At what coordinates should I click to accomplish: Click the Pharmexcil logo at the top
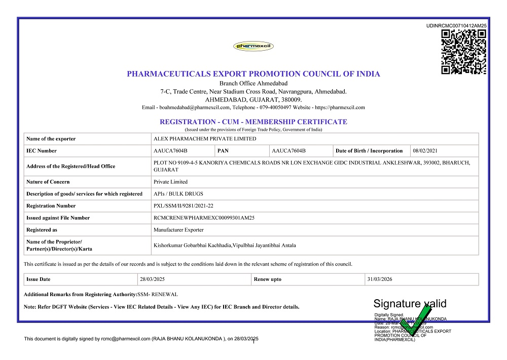(253, 47)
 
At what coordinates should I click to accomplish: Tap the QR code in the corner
(464, 52)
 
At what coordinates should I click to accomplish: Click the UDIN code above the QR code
(456, 25)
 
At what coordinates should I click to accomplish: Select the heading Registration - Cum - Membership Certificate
(253, 122)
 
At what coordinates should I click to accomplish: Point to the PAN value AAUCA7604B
(289, 151)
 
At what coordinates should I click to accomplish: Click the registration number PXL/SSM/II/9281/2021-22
(185, 206)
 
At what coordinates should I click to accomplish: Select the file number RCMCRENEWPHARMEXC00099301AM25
(204, 218)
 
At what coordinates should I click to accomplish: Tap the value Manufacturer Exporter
(178, 230)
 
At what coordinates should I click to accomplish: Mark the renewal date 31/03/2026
(380, 279)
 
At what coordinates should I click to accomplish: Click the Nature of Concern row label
(48, 182)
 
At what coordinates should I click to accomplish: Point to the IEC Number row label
(42, 151)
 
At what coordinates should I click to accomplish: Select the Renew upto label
(268, 279)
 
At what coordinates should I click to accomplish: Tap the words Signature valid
(410, 304)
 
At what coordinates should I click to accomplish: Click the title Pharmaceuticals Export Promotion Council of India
(253, 74)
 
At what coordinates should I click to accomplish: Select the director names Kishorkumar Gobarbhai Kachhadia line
(225, 245)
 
